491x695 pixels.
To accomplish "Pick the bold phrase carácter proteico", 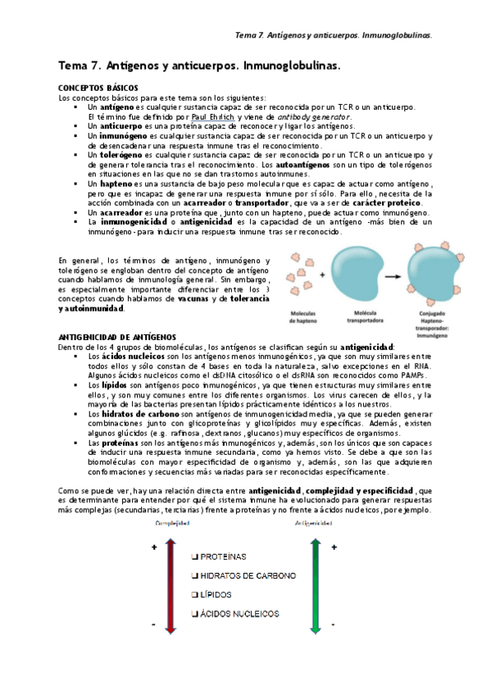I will (389, 202).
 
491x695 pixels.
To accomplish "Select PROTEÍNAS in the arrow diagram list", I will (222, 555).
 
